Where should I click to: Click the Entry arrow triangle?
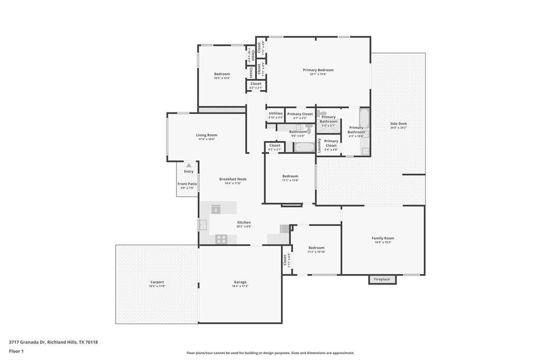[x=189, y=165]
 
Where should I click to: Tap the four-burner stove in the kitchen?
[x=221, y=239]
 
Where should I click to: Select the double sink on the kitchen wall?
[x=203, y=225]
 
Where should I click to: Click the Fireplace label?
[x=382, y=279]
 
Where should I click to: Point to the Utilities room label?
[x=275, y=113]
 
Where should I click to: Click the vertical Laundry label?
[x=320, y=145]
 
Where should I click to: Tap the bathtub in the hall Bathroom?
[x=304, y=147]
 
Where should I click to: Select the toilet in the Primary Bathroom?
[x=323, y=113]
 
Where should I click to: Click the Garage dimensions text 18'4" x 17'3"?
[x=240, y=286]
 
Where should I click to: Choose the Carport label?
[x=157, y=282]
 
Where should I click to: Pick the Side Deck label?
[x=398, y=124]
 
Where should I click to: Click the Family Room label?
[x=383, y=238]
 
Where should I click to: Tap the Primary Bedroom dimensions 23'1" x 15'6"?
[x=318, y=74]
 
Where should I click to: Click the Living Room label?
[x=207, y=135]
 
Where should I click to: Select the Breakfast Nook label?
[x=233, y=179]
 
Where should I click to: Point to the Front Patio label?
[x=187, y=184]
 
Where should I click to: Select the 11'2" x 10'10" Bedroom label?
[x=316, y=248]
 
